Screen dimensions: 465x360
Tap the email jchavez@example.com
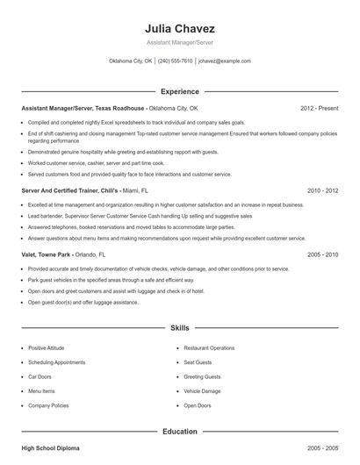pos(225,61)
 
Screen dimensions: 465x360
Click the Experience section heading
pos(179,91)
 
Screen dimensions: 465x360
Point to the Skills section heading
pos(179,327)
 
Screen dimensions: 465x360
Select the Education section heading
pos(179,431)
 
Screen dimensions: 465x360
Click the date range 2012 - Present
pos(319,108)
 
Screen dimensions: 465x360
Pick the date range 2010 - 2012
pos(322,190)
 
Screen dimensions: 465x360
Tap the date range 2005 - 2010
pos(322,254)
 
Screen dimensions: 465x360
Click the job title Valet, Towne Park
pos(47,254)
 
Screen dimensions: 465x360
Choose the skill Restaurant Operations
pos(209,347)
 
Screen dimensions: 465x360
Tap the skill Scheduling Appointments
pos(56,362)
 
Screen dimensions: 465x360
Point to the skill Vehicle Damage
pos(202,391)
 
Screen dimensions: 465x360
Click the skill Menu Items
pos(41,391)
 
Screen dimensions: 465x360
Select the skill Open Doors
pos(198,405)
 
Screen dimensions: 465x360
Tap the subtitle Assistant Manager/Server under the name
pos(179,42)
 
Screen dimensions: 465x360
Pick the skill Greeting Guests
pos(202,376)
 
